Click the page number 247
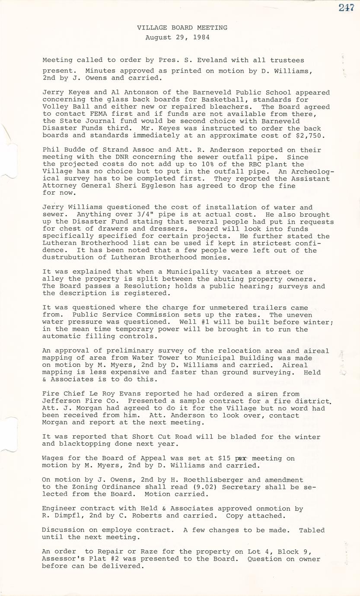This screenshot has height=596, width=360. [x=347, y=7]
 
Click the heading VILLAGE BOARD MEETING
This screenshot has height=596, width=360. [x=182, y=28]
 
